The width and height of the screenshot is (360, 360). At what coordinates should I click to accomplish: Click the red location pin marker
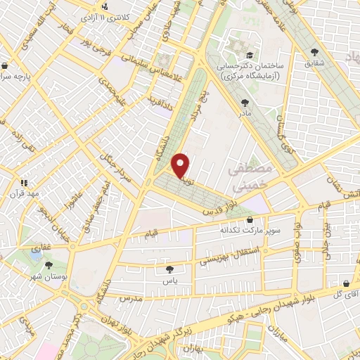[181, 165]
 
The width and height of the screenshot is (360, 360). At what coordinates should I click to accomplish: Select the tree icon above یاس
[169, 269]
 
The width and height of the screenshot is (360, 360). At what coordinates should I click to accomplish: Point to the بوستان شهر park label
[49, 277]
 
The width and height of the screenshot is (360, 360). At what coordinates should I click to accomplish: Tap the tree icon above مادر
[244, 103]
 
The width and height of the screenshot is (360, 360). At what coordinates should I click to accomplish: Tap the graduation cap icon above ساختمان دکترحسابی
[250, 55]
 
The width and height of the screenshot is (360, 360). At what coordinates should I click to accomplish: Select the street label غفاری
[39, 249]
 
